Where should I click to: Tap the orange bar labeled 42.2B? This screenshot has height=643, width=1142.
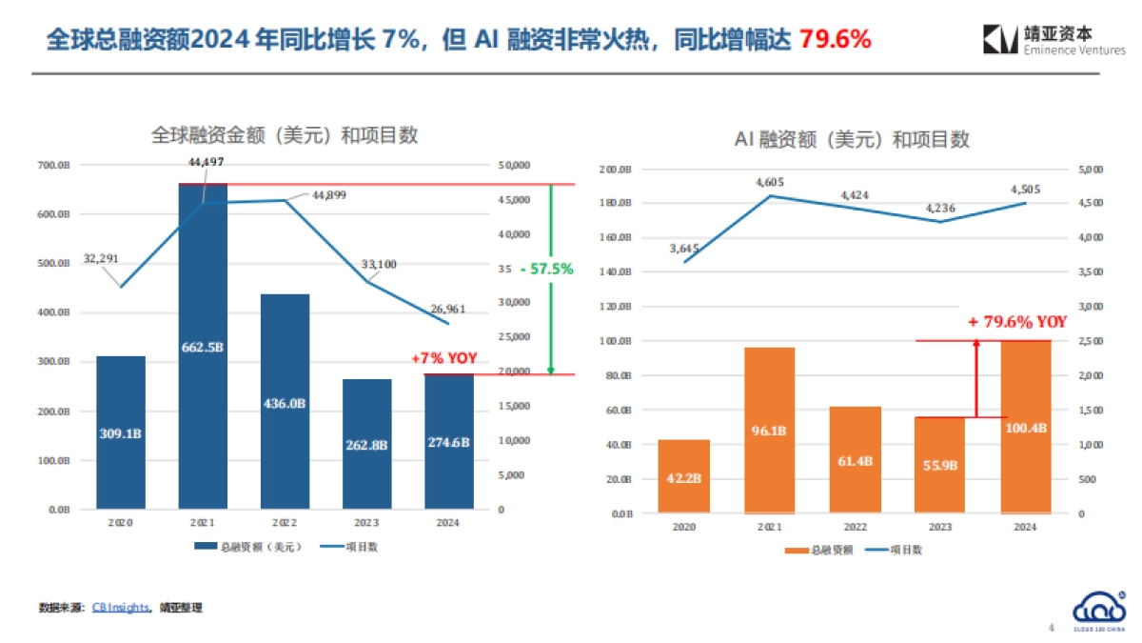point(685,476)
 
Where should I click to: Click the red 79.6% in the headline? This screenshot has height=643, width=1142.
point(835,40)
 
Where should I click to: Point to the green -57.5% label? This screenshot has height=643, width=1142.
point(546,269)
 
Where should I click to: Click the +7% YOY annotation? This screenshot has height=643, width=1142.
point(443,358)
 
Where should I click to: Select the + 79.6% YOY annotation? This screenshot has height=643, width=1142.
point(1017,322)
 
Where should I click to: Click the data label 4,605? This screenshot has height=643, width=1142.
point(769,181)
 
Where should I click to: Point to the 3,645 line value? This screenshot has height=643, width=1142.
point(684,249)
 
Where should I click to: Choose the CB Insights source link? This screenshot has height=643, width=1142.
point(121,607)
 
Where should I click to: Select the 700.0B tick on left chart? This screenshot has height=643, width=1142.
point(55,166)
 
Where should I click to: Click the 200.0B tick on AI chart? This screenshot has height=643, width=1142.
point(617,170)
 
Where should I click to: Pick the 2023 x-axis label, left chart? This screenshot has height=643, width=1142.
point(366,523)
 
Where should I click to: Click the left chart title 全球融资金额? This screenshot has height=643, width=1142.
point(285,135)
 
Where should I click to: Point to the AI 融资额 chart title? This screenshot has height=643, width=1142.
point(852,140)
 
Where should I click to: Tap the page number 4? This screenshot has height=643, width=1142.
point(1051,628)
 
